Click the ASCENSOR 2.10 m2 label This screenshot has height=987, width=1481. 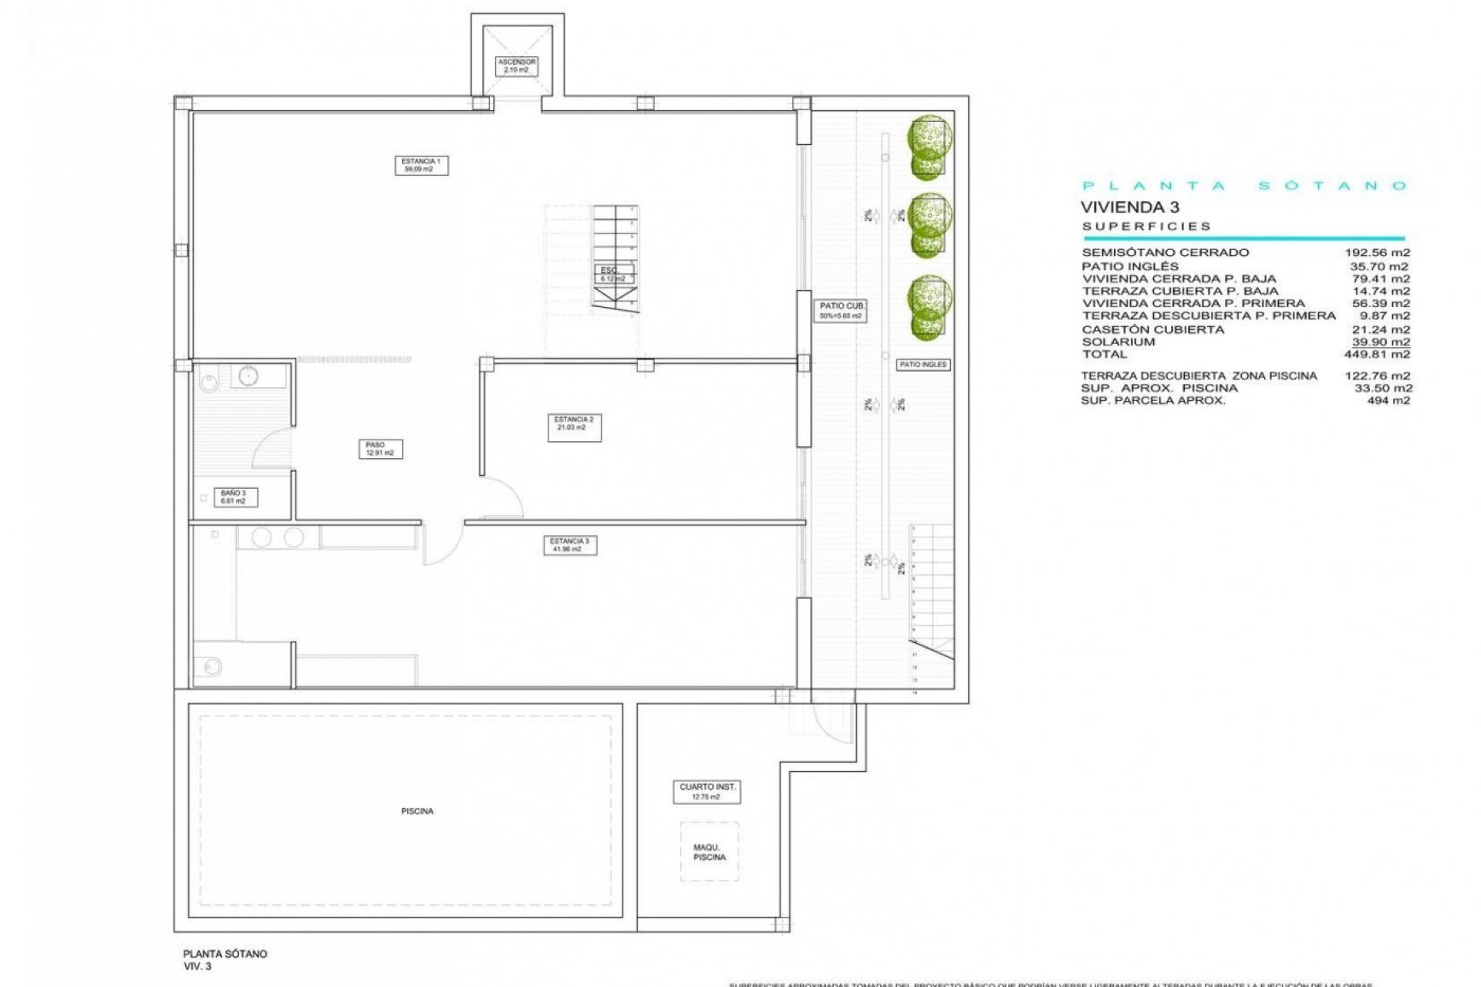point(516,66)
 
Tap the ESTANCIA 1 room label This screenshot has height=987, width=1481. point(421,165)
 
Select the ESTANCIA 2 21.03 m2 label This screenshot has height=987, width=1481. point(574,427)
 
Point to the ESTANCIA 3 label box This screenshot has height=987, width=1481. point(569,545)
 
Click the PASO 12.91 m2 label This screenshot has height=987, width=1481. point(380,449)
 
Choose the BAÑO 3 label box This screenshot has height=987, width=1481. point(233,497)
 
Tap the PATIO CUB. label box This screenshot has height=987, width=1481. point(841,311)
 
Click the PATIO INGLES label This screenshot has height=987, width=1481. point(923,365)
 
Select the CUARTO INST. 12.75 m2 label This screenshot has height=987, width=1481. point(707,792)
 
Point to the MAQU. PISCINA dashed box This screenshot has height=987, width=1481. point(709,852)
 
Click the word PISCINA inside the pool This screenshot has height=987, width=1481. point(417,811)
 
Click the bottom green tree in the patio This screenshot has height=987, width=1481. point(929,306)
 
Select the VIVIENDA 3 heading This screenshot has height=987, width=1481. point(1129,207)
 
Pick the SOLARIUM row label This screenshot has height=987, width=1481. point(1118,342)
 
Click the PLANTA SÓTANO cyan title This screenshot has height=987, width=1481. point(1244,186)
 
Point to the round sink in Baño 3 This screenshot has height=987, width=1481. point(248,376)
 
